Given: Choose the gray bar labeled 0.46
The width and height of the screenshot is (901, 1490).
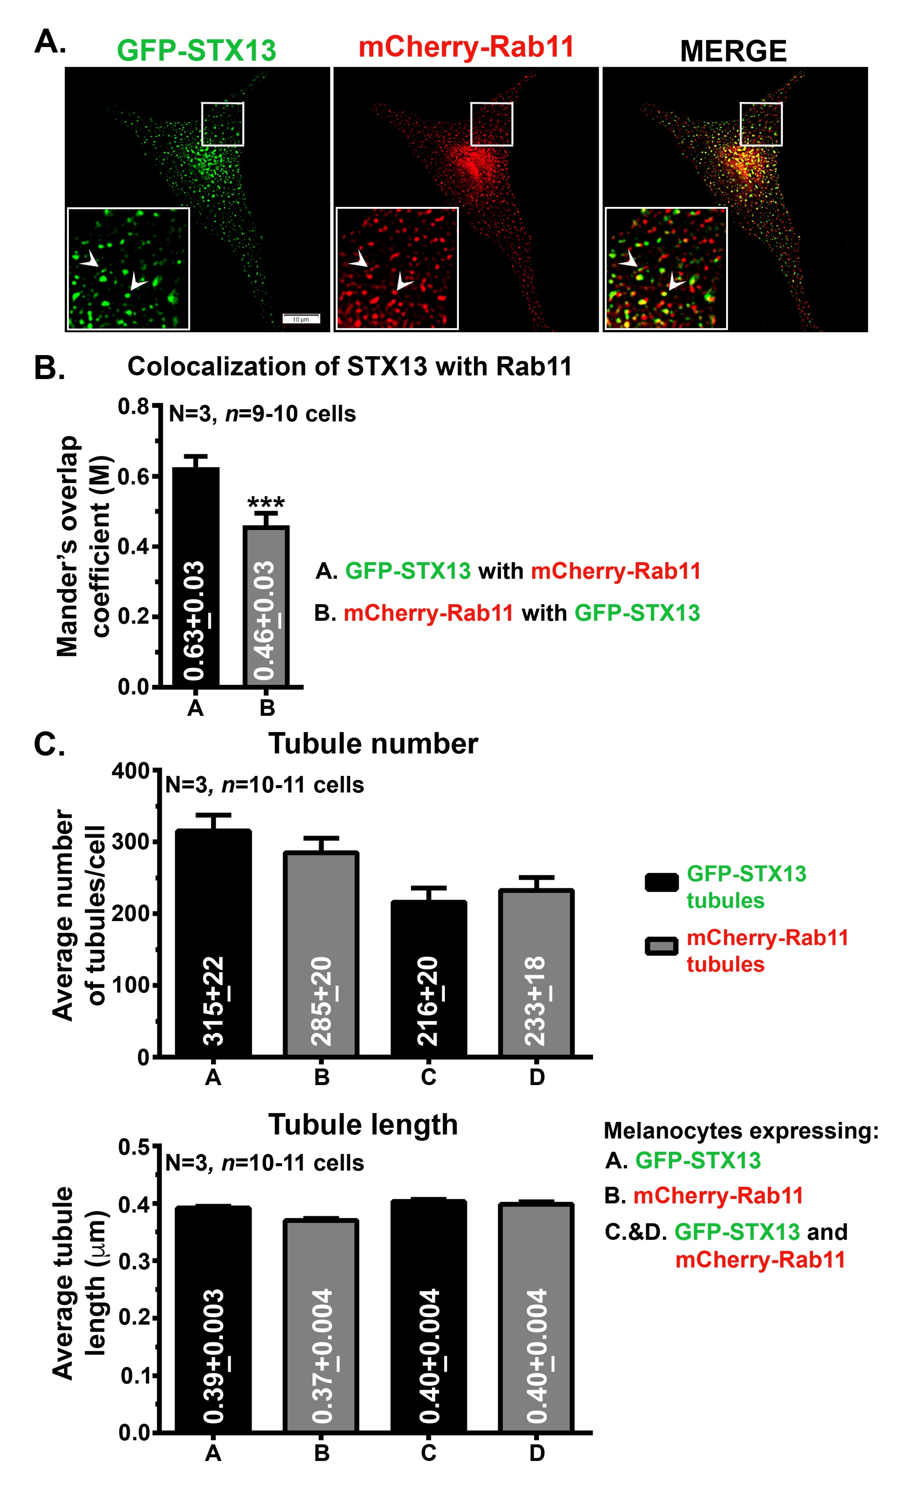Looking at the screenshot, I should tap(266, 605).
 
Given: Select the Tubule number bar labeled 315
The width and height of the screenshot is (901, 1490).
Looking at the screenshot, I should tap(213, 943).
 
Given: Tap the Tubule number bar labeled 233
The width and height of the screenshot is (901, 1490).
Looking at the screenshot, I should tap(536, 974).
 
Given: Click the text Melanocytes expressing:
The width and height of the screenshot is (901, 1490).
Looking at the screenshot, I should tap(741, 1130).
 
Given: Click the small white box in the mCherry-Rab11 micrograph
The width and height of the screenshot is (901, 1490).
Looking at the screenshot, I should tap(491, 124).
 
